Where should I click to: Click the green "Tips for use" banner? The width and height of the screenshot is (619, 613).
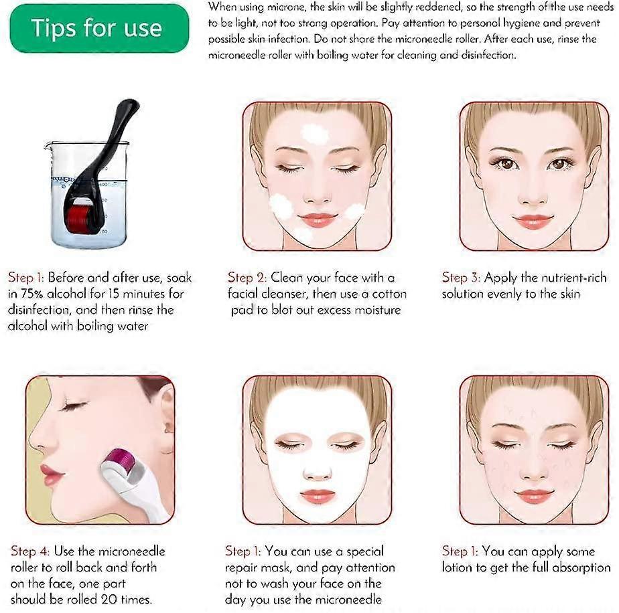(99, 28)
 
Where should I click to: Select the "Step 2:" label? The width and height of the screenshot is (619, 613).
(247, 278)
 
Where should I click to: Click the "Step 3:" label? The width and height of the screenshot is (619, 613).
(461, 278)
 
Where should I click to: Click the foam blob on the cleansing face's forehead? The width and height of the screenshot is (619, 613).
(315, 134)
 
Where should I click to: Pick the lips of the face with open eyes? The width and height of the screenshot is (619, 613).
(533, 222)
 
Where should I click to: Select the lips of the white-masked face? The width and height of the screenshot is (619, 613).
(318, 496)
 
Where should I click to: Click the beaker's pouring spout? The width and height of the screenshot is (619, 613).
(48, 146)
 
